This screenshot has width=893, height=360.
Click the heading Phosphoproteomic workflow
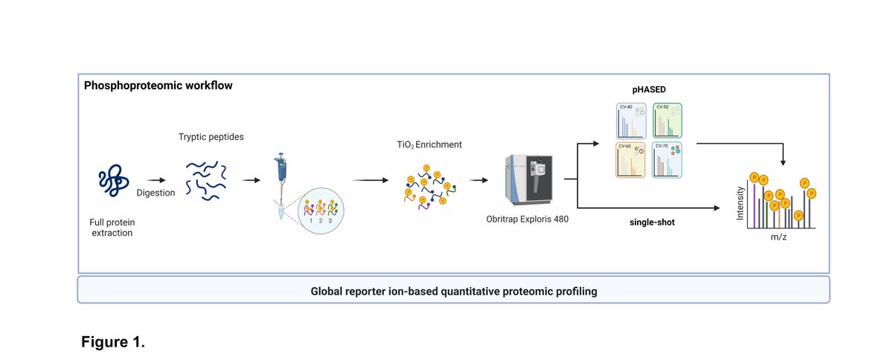159,86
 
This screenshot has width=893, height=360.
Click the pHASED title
650,89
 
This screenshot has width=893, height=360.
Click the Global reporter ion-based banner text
453,290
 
